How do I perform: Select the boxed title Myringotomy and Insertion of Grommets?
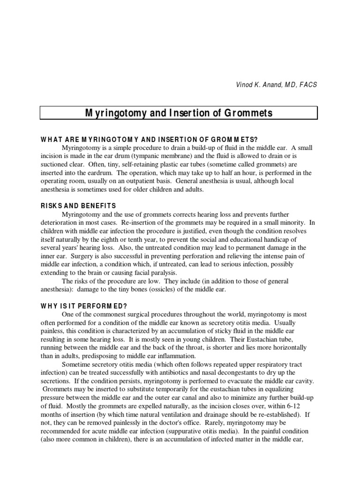pyautogui.click(x=179, y=113)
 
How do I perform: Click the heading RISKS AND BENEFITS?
pyautogui.click(x=78, y=206)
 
